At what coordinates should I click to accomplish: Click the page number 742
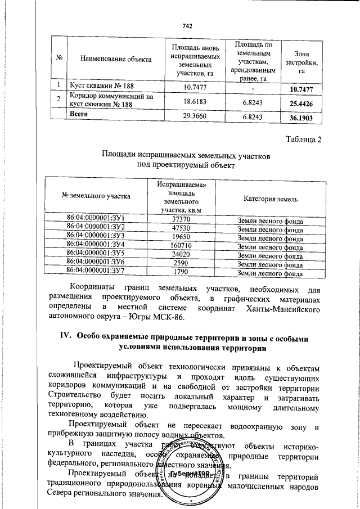pos(187,26)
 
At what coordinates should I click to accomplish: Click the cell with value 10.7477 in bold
pos(301,89)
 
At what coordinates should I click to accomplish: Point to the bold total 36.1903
pos(301,119)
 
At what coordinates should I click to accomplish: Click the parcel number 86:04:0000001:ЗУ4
pos(96,245)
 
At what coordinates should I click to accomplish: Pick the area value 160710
pos(181,246)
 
